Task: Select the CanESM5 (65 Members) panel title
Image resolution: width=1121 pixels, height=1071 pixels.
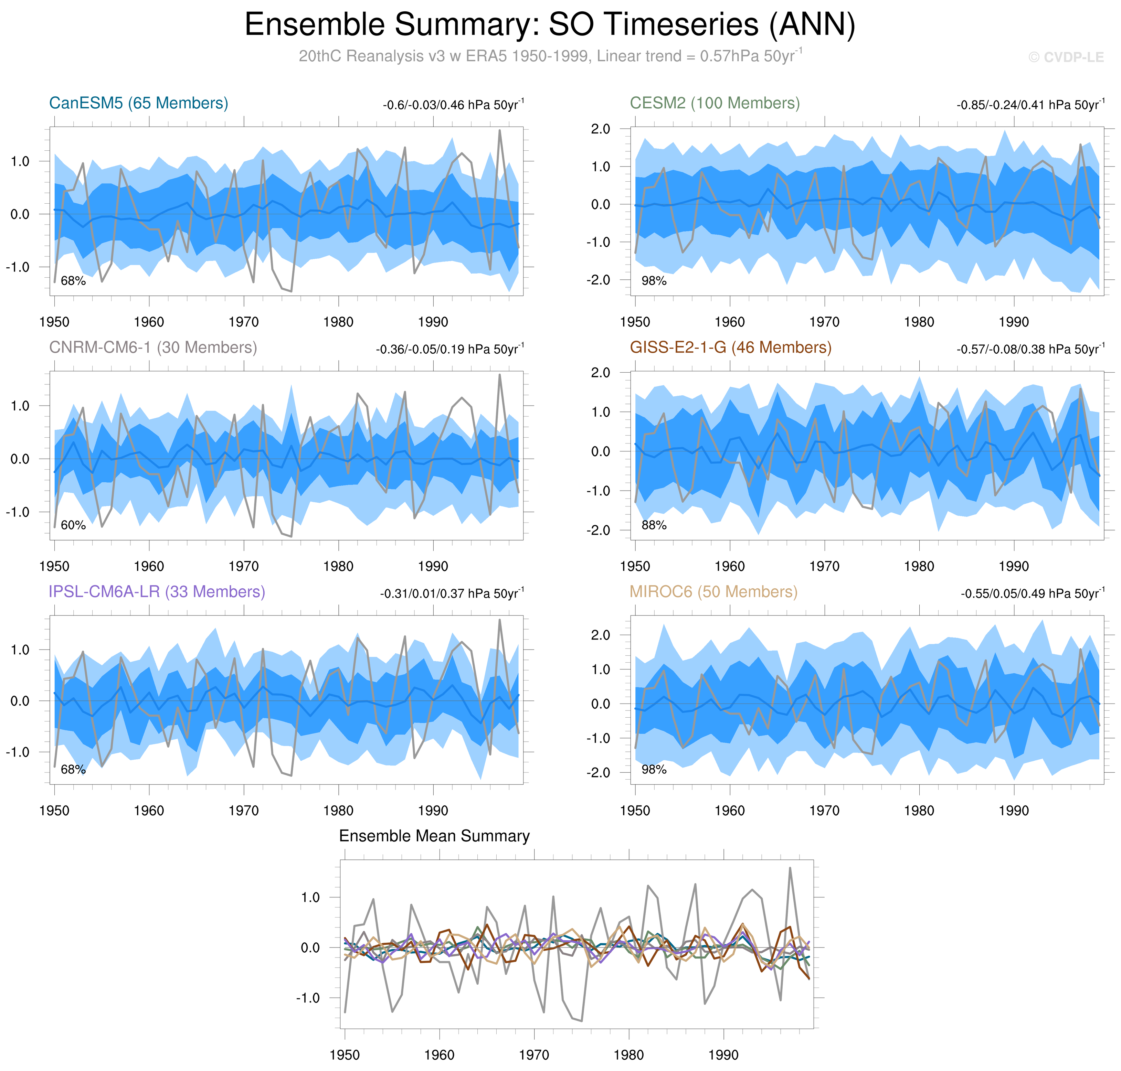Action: pyautogui.click(x=139, y=103)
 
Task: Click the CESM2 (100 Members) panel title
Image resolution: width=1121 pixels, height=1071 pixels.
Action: pyautogui.click(x=715, y=103)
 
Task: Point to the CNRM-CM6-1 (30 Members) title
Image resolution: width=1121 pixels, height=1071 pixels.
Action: pyautogui.click(x=153, y=348)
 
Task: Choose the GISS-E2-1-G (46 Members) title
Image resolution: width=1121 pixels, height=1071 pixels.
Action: pyautogui.click(x=730, y=348)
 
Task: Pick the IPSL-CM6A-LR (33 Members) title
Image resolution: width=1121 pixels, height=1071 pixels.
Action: pyautogui.click(x=157, y=592)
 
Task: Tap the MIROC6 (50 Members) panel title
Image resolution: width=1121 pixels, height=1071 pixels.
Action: pyautogui.click(x=713, y=592)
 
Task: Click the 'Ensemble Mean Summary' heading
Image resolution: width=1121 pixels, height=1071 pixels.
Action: pyautogui.click(x=434, y=836)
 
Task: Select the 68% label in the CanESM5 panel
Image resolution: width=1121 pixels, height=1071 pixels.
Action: pyautogui.click(x=73, y=281)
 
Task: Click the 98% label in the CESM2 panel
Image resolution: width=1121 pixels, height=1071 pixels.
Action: pyautogui.click(x=654, y=281)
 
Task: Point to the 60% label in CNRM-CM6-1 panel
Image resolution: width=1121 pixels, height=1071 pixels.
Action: pyautogui.click(x=73, y=525)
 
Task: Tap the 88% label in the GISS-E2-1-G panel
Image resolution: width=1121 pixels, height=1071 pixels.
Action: pyautogui.click(x=654, y=525)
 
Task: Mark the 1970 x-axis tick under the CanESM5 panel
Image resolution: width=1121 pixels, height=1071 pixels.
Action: pyautogui.click(x=244, y=322)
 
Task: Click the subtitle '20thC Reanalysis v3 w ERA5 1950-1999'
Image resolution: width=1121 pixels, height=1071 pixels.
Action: pyautogui.click(x=444, y=56)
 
